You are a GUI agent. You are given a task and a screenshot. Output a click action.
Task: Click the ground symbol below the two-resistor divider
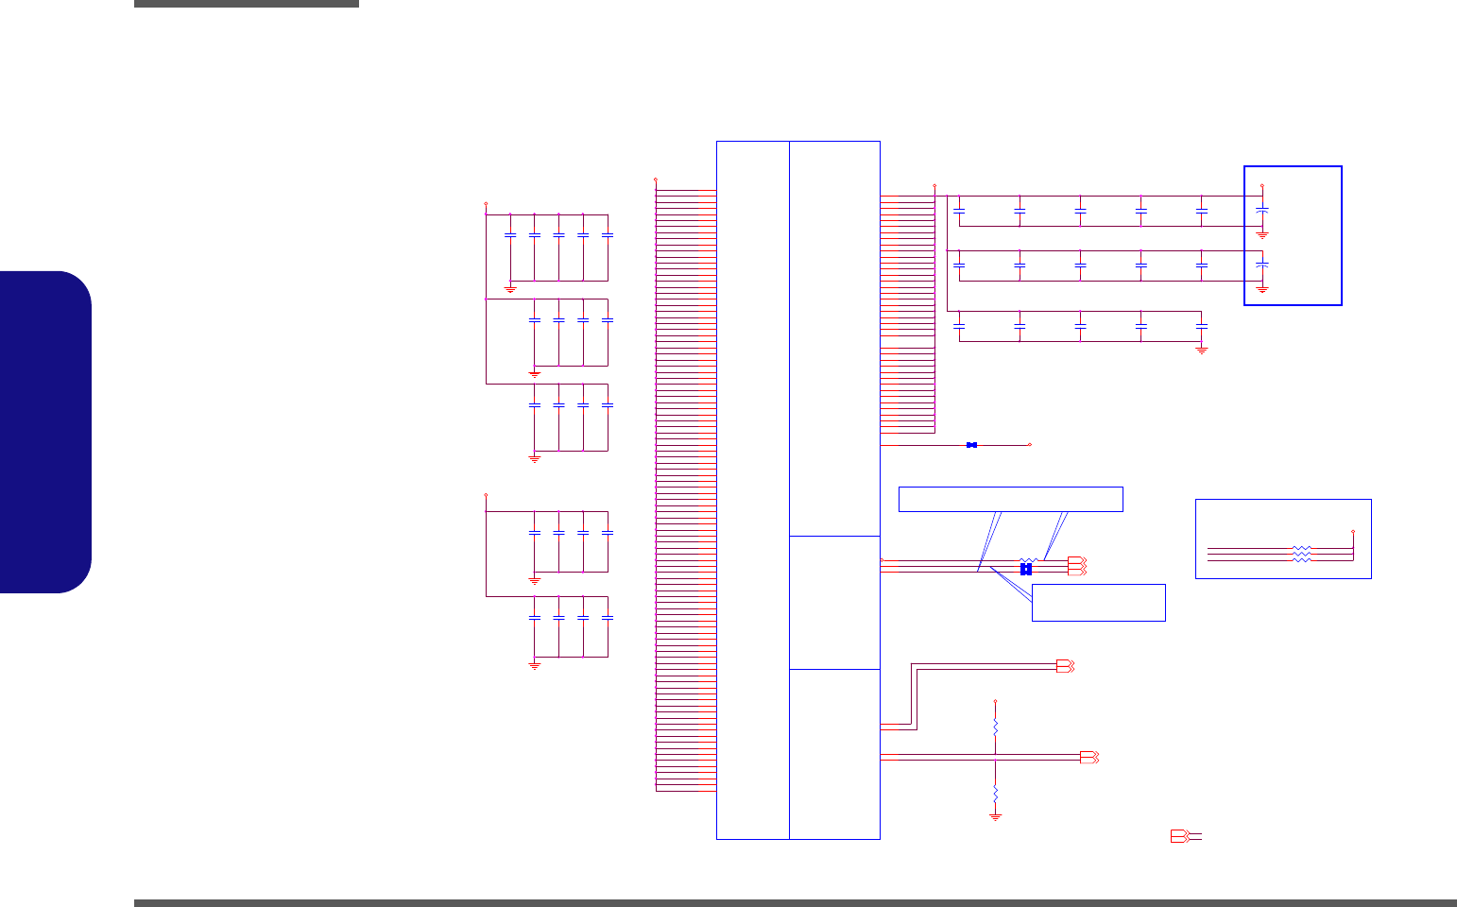pos(995,816)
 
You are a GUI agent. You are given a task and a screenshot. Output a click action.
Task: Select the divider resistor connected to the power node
pos(995,727)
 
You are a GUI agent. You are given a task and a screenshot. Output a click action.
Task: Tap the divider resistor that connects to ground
pos(995,792)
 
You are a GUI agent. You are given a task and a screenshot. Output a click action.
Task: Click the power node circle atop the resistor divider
pos(995,701)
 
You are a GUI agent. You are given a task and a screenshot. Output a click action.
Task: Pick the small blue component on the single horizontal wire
pos(971,444)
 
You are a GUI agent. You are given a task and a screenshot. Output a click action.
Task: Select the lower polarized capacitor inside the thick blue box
pos(1262,265)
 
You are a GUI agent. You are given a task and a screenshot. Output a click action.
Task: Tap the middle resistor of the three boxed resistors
pos(1301,554)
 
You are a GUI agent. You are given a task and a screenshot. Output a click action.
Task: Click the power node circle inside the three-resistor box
pos(1353,531)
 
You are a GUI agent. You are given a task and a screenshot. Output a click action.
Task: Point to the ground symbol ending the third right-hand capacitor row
pos(1202,350)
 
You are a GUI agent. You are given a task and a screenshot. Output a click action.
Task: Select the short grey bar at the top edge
pos(246,4)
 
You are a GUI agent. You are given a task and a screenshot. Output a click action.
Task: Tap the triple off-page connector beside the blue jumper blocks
pos(1076,565)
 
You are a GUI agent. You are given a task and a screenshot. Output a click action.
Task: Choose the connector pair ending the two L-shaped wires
pos(1065,666)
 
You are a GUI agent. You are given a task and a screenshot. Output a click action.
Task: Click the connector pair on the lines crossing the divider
pos(1088,757)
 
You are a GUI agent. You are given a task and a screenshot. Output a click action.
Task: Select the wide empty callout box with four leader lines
pos(1010,499)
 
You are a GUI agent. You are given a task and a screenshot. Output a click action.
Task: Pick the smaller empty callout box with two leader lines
pos(1098,603)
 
